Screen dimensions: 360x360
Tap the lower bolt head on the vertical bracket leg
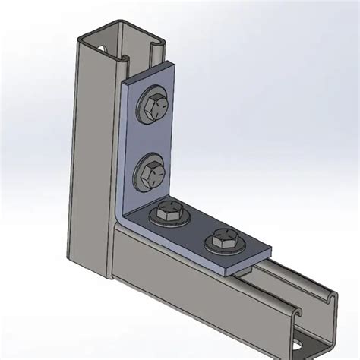(151, 173)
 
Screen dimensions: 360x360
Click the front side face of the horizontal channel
(190, 304)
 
